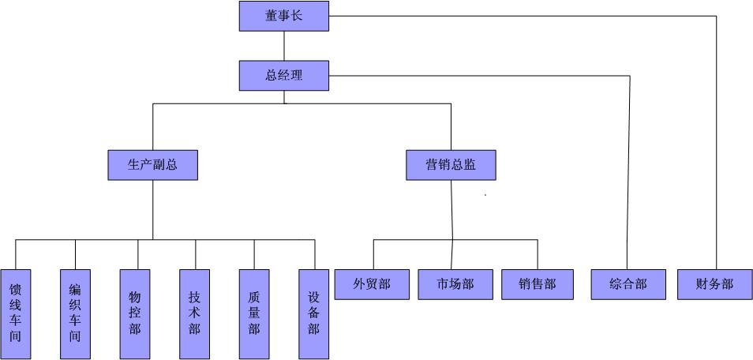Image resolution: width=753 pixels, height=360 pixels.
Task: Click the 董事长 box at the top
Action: (283, 16)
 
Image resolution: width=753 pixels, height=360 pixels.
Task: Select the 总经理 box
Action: (283, 76)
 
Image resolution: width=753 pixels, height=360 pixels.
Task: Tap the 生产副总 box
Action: (152, 165)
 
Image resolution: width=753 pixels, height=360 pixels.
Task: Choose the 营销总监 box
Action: (451, 165)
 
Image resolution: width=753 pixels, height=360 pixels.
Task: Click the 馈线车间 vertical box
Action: (15, 314)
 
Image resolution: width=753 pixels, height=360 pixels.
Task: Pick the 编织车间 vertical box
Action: (75, 314)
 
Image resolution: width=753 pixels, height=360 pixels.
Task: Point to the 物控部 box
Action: (135, 314)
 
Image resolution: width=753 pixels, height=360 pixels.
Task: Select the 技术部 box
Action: (194, 314)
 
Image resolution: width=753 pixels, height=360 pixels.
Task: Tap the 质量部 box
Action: (254, 314)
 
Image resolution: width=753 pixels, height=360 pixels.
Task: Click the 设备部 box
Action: (313, 314)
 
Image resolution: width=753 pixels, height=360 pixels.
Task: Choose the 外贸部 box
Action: (372, 284)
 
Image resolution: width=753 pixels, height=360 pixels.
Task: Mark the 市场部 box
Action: (455, 284)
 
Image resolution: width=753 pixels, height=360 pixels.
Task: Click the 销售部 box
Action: (538, 284)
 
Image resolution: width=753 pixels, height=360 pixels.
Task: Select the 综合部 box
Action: (628, 284)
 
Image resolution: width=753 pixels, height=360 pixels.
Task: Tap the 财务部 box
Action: (715, 284)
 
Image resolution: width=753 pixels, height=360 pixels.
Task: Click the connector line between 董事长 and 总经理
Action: (284, 46)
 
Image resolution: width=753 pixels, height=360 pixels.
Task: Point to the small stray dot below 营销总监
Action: (485, 194)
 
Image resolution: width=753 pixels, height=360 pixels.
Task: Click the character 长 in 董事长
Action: (297, 16)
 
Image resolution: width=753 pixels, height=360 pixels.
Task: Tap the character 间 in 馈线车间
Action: (15, 337)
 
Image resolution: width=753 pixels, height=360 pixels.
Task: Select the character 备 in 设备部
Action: (313, 313)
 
